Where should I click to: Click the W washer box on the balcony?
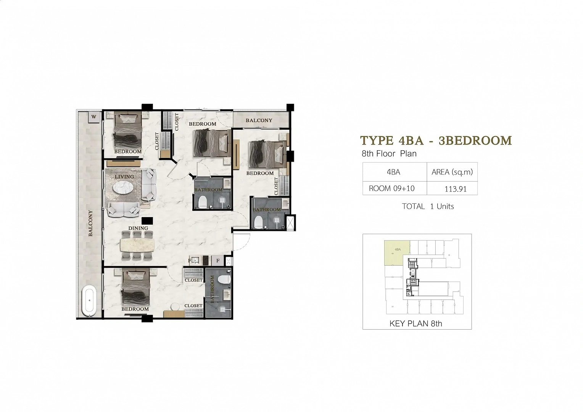coord(94,117)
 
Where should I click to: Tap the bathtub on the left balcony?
coord(89,301)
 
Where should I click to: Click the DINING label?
coord(138,228)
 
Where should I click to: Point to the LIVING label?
coord(124,177)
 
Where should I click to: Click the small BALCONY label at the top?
coord(259,120)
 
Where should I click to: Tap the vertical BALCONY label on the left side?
coord(90,223)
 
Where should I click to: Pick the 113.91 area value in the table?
coord(456,189)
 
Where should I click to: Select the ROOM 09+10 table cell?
coord(392,188)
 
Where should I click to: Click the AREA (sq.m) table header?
coord(452,172)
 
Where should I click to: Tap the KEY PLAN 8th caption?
coord(416,323)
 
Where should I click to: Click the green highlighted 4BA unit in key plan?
coord(397,253)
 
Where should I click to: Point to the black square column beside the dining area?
coord(147,221)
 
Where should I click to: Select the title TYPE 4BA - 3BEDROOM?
coord(436,140)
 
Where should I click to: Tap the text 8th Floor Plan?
coord(389,154)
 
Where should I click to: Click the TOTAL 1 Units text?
coord(428,206)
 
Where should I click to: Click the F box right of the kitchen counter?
coord(217,261)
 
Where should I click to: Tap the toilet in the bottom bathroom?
coord(224,279)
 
